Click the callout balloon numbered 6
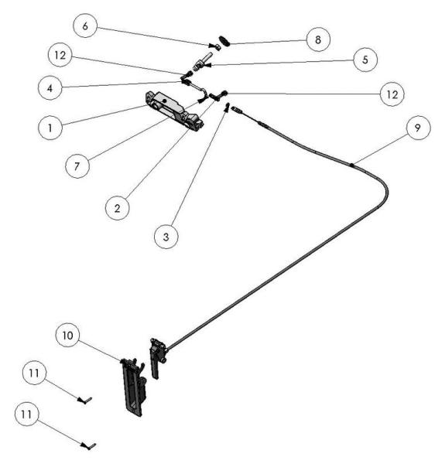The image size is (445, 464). pyautogui.click(x=85, y=26)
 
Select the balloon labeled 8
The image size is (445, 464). pyautogui.click(x=318, y=39)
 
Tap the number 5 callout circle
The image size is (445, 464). pyautogui.click(x=365, y=60)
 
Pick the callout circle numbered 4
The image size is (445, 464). pyautogui.click(x=50, y=88)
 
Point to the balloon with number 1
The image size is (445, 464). pyautogui.click(x=50, y=128)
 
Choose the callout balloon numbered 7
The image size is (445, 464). pyautogui.click(x=77, y=165)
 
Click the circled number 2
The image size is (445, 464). pyautogui.click(x=117, y=208)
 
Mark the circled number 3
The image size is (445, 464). pyautogui.click(x=166, y=237)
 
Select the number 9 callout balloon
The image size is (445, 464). pyautogui.click(x=419, y=128)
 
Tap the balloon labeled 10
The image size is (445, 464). pyautogui.click(x=68, y=336)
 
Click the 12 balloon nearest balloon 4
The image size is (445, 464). pyautogui.click(x=60, y=55)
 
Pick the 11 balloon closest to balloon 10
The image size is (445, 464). pyautogui.click(x=35, y=373)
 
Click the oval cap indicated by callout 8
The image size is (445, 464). pyautogui.click(x=224, y=40)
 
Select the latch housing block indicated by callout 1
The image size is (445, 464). pyautogui.click(x=174, y=110)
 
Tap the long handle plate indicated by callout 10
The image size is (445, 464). pyautogui.click(x=132, y=387)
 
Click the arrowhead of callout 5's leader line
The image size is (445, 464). pyautogui.click(x=209, y=65)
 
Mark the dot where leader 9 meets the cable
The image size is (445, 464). pyautogui.click(x=351, y=165)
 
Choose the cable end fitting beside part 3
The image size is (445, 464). pyautogui.click(x=237, y=110)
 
